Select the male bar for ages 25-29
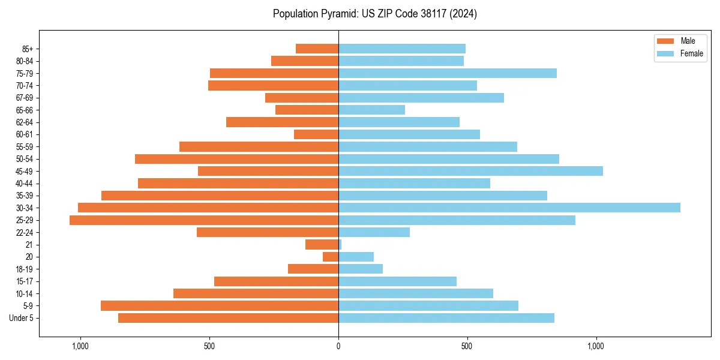pyautogui.click(x=204, y=220)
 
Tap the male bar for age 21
pyautogui.click(x=322, y=245)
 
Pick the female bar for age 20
pyautogui.click(x=356, y=257)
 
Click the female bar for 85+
pyautogui.click(x=402, y=49)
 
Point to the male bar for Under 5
pyautogui.click(x=228, y=318)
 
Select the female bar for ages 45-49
pyautogui.click(x=470, y=171)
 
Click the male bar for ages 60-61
pyautogui.click(x=316, y=134)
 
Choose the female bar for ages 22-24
pyautogui.click(x=374, y=232)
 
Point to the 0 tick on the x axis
pyautogui.click(x=338, y=346)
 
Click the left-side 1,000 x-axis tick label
pyautogui.click(x=80, y=346)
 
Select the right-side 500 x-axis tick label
pyautogui.click(x=467, y=346)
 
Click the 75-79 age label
pyautogui.click(x=25, y=73)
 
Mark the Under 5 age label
pyautogui.click(x=22, y=318)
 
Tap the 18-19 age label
pyautogui.click(x=25, y=269)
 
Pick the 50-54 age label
pyautogui.click(x=25, y=159)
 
